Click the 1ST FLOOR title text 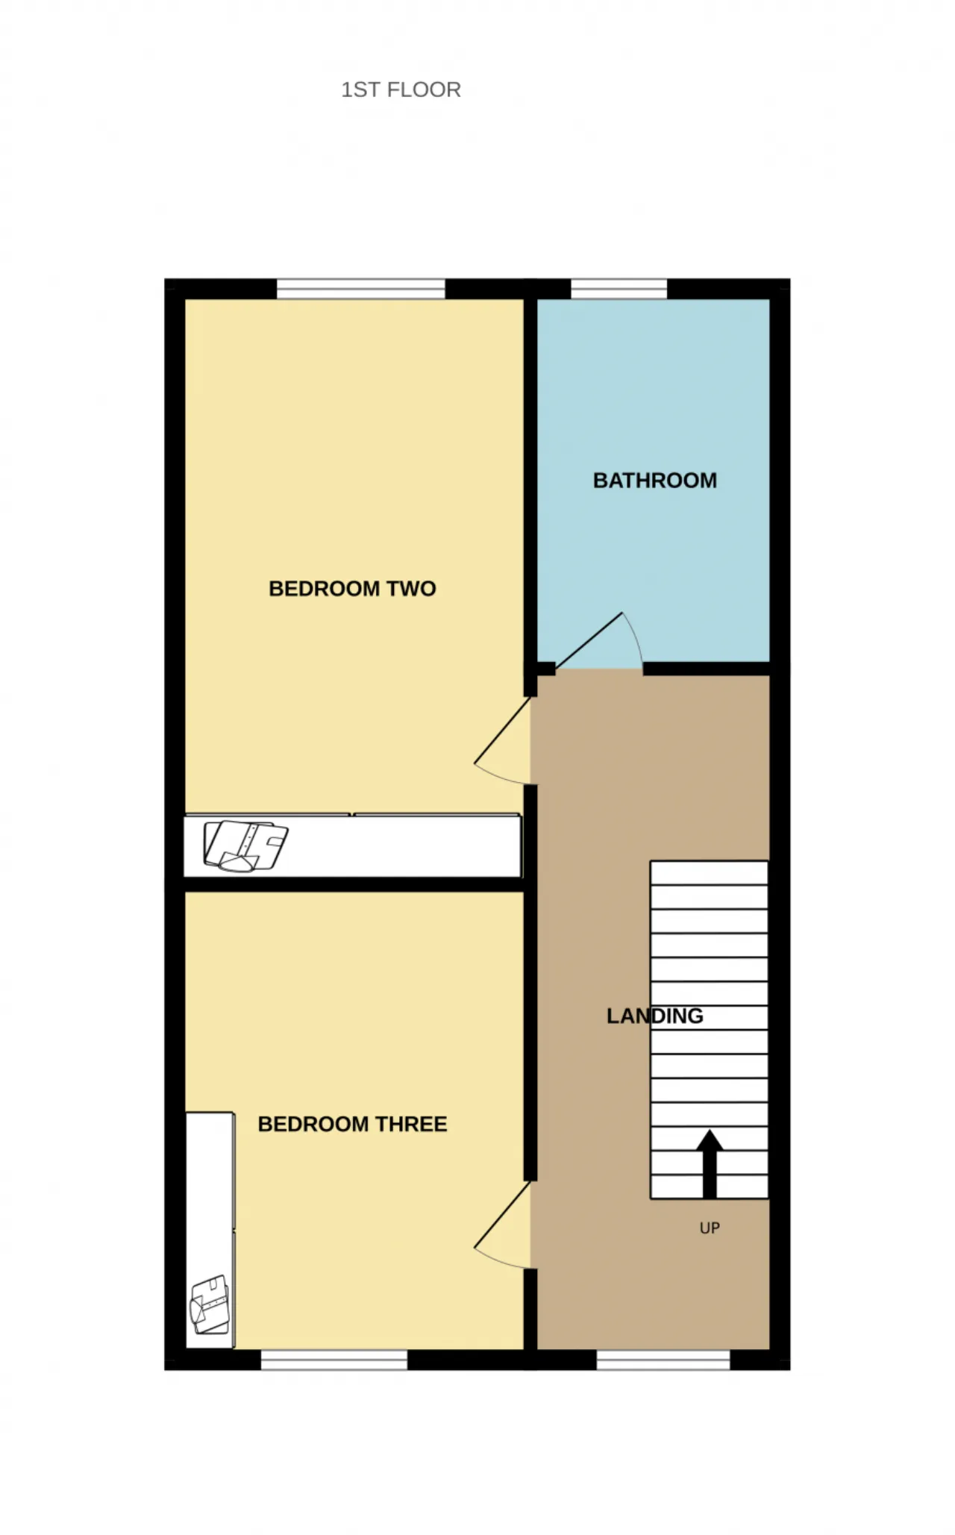point(401,90)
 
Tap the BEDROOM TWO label point(352,589)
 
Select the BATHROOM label point(655,481)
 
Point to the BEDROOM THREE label point(352,1124)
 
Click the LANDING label point(655,1016)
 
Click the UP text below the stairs point(710,1228)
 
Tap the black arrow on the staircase point(710,1163)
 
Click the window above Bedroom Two point(361,289)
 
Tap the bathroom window point(619,289)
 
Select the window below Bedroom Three point(334,1360)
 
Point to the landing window point(663,1360)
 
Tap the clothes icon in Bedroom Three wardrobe point(210,1304)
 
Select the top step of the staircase point(709,873)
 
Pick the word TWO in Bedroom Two point(411,589)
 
